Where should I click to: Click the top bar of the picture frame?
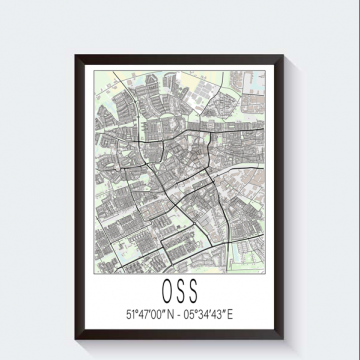click(x=180, y=54)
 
